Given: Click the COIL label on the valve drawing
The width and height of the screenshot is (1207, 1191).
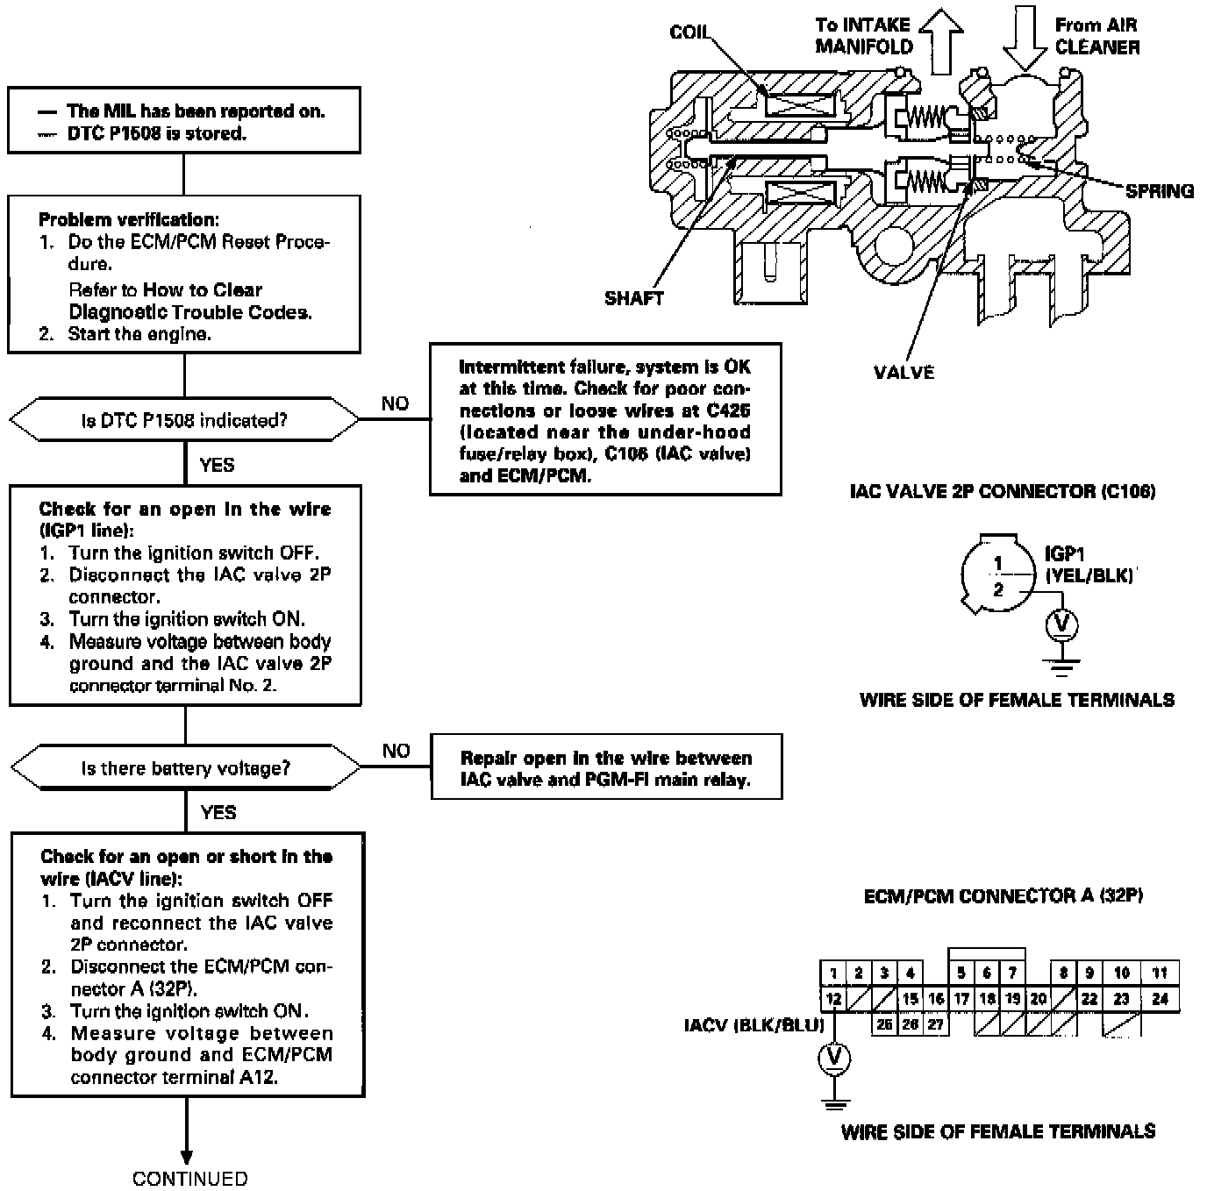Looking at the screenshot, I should tap(689, 32).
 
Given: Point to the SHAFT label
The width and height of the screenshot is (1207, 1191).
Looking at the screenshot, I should tap(633, 298).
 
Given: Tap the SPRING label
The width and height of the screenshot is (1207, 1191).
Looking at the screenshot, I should tap(1160, 190).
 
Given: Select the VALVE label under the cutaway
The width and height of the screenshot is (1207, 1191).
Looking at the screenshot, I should tap(903, 372).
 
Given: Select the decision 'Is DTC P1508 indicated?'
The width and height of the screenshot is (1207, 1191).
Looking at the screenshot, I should tap(184, 421).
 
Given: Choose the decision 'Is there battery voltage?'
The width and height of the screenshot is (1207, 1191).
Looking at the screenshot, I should tap(185, 768).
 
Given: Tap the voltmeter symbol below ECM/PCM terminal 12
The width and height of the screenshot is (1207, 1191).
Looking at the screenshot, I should tap(833, 1059).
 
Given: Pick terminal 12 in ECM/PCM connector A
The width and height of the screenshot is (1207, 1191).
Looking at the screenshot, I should tap(833, 999).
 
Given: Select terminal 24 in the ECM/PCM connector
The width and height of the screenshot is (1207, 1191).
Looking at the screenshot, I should tap(1160, 999).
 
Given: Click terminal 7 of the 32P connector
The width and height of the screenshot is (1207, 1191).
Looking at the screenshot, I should tap(1012, 973).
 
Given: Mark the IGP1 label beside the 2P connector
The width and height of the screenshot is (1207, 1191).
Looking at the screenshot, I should tap(1065, 554).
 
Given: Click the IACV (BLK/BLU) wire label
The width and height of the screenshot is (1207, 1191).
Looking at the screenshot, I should tap(753, 1023).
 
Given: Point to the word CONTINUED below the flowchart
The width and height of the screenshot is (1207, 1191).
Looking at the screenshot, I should tap(189, 1179).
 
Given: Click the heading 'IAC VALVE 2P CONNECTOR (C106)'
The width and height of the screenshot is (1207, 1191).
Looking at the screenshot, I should tap(1003, 491).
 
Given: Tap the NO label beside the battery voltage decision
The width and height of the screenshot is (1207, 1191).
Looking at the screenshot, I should tap(396, 751).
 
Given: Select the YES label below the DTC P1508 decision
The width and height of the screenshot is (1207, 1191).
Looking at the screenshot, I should tap(217, 465).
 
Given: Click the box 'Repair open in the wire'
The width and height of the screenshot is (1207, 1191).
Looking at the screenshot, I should tap(606, 768).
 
